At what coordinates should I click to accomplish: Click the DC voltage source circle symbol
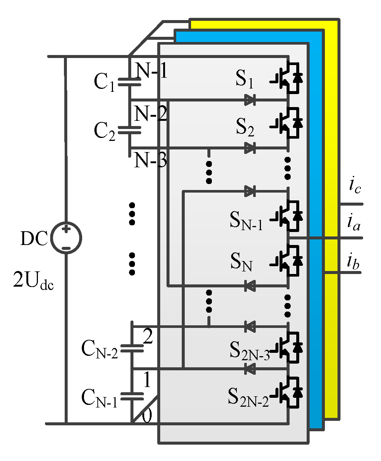[x=66, y=238]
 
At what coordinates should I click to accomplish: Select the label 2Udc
[x=33, y=280]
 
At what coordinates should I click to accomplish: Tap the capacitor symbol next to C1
[x=129, y=82]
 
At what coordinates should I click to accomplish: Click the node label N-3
[x=150, y=161]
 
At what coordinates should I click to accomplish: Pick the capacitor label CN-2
[x=99, y=349]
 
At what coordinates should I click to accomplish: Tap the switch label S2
[x=245, y=128]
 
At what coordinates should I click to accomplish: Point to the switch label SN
[x=241, y=261]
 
